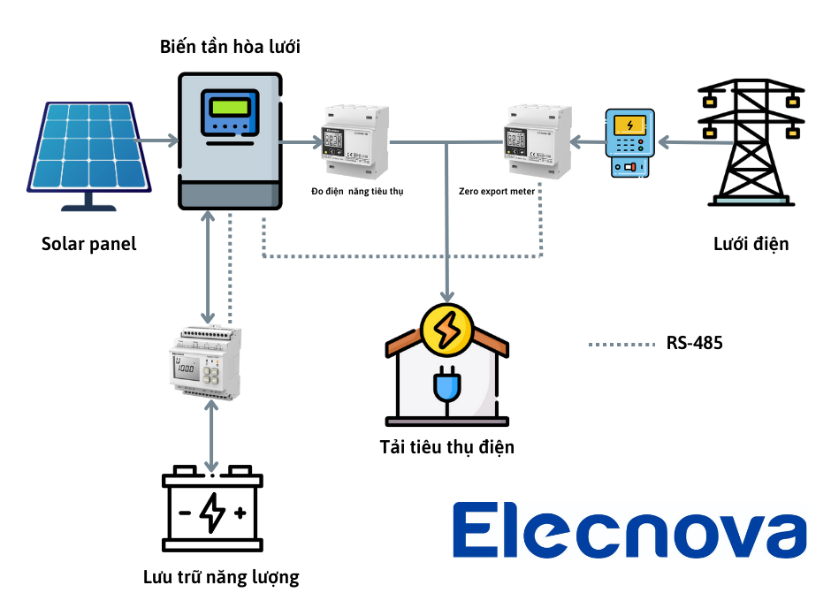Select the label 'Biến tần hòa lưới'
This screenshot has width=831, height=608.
click(x=230, y=47)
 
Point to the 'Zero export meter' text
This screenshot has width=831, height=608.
click(x=497, y=191)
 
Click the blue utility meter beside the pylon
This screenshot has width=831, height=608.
click(x=629, y=143)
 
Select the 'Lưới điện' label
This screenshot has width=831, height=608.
click(x=751, y=244)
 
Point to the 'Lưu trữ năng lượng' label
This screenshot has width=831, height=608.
click(x=221, y=578)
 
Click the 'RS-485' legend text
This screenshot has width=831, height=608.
click(x=694, y=343)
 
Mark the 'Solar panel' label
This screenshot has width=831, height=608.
click(x=88, y=244)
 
